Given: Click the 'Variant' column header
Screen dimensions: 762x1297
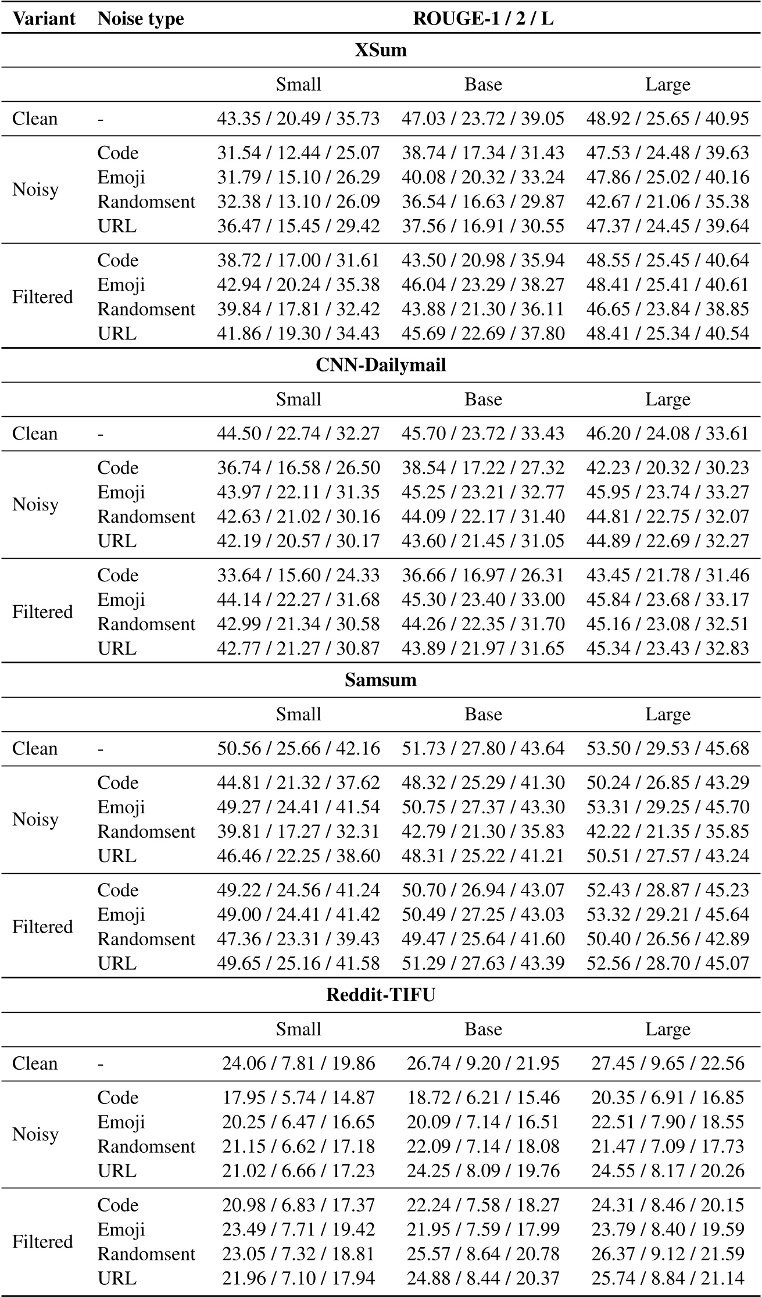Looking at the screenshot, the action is (44, 19).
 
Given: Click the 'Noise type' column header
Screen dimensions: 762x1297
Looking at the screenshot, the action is (141, 19).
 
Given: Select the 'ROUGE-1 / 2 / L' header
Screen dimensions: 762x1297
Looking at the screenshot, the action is (483, 19).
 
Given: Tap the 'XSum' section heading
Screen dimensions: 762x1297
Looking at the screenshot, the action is (381, 50).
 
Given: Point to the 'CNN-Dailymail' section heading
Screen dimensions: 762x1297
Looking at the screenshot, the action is (381, 365).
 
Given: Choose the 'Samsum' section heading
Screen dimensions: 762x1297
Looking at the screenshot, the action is (381, 680).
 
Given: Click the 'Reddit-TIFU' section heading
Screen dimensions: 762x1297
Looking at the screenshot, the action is (381, 995).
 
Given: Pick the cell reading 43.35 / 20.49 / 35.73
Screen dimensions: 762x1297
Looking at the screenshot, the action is (298, 119).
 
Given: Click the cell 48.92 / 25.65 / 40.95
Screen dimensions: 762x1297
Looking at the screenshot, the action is (667, 119).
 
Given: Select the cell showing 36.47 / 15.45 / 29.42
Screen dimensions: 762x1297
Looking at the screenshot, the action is (298, 226).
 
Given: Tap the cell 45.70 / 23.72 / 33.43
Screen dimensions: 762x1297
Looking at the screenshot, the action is (483, 434).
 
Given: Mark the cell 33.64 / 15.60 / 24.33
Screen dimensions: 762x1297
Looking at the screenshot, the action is (298, 575).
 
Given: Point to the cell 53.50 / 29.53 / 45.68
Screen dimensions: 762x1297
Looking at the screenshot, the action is (667, 748).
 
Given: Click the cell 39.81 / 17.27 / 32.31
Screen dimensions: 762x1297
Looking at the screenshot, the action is (298, 831).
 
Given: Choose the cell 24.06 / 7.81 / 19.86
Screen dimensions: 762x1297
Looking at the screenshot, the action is (298, 1063).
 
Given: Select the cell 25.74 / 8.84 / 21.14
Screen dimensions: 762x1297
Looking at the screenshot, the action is (667, 1278).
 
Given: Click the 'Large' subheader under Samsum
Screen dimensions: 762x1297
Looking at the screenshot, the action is (667, 714).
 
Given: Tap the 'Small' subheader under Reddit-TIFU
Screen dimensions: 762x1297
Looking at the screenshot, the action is (298, 1029).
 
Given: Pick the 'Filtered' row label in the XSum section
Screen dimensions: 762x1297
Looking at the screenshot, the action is (42, 296).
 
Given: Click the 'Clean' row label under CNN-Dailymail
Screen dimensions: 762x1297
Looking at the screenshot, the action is (35, 434).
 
